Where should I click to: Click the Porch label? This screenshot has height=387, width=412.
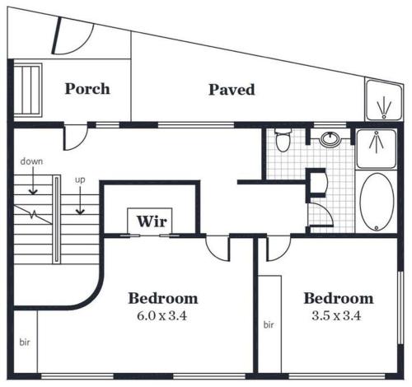point(87,89)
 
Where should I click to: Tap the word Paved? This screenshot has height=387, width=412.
point(232,90)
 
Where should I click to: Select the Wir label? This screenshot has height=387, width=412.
point(152,221)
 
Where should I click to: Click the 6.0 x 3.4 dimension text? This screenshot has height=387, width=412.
point(162,315)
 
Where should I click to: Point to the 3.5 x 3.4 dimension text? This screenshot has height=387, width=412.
point(336,315)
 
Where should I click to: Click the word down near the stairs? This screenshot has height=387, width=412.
point(31,161)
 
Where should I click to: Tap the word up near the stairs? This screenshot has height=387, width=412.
point(80,180)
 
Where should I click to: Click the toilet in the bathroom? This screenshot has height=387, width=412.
point(283,140)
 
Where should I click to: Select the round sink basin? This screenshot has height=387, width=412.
point(330,138)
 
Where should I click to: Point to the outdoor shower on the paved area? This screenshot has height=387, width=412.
point(384,100)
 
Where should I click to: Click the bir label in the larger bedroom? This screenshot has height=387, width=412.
point(25,343)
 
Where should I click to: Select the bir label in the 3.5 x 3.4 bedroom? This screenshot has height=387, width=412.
point(269,324)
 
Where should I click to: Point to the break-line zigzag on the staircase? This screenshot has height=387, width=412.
point(33,214)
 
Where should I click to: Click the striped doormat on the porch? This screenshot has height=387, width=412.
point(27,91)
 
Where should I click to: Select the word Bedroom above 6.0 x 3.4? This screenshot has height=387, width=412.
point(163,298)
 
